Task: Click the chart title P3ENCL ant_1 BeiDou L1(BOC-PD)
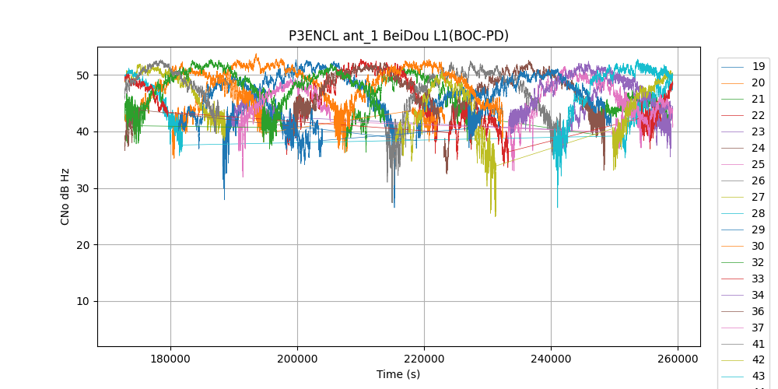click(x=398, y=36)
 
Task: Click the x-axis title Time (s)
click(x=398, y=374)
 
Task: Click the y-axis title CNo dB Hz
click(x=65, y=196)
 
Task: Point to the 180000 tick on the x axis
click(x=170, y=359)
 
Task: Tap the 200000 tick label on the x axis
click(x=297, y=359)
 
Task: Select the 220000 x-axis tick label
click(x=424, y=359)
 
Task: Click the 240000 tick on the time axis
click(x=551, y=359)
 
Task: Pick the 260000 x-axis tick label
click(x=678, y=359)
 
